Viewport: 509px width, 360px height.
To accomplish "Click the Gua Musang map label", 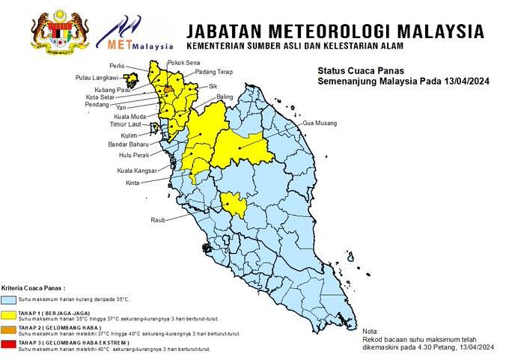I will tap(320, 122).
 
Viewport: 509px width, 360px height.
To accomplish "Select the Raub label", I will tap(157, 220).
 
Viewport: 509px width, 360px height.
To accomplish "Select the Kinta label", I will tap(132, 183).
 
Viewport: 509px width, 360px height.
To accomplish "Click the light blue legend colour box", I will tap(8, 299).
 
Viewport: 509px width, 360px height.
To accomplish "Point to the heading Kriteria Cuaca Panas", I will tap(33, 287).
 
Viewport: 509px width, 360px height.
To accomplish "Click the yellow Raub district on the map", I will tap(234, 203).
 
